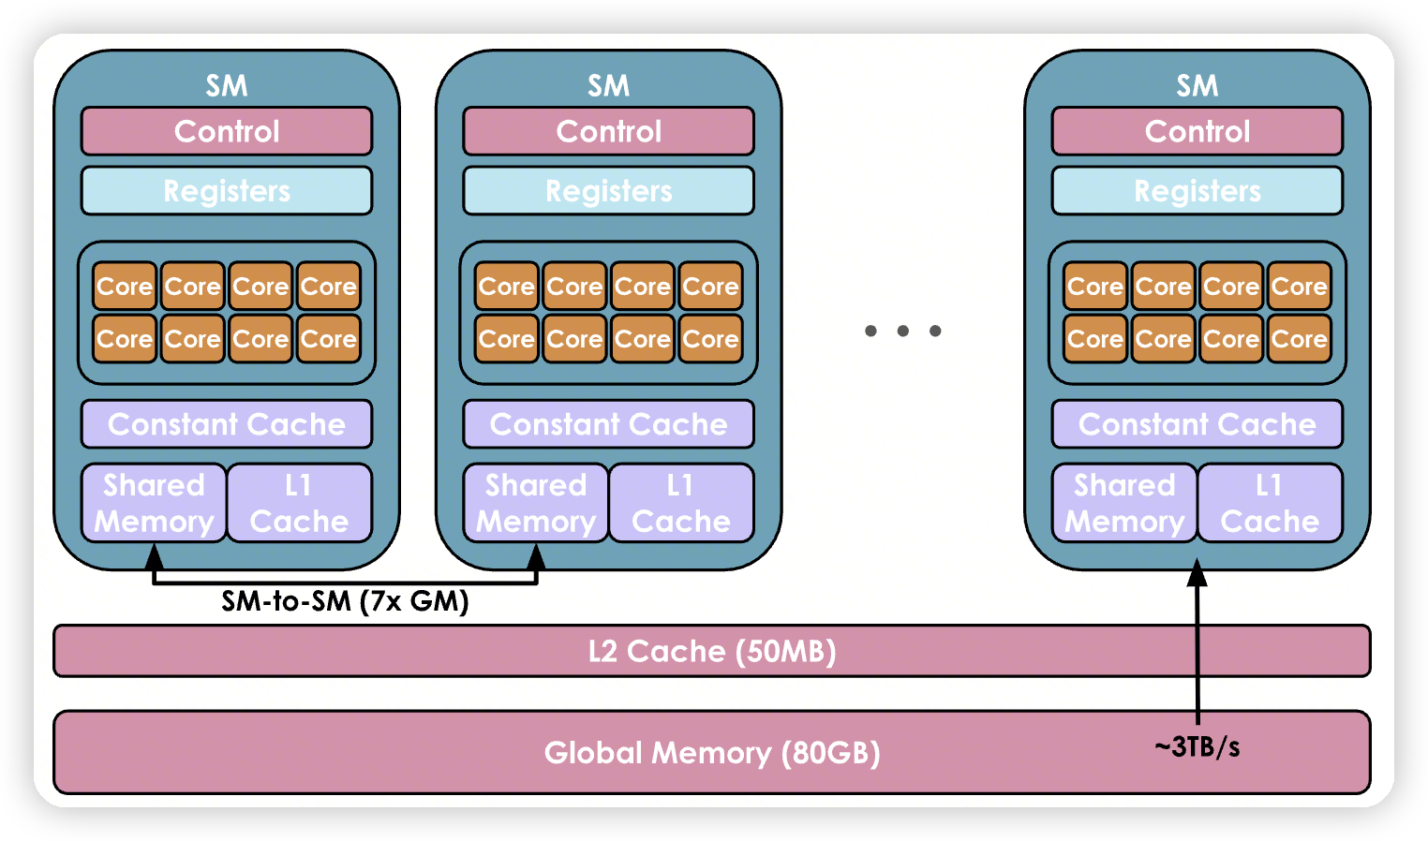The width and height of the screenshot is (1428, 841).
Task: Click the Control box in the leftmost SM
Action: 227,131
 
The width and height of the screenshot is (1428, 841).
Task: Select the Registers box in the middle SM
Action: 609,191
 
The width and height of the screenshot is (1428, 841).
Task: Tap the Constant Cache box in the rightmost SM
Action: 1197,424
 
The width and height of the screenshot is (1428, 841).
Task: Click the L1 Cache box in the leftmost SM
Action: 299,503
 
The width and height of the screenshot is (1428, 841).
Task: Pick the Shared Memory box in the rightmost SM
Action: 1124,503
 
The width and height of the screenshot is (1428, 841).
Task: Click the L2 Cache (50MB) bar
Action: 712,651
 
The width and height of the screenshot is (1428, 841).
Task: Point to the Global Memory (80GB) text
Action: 712,753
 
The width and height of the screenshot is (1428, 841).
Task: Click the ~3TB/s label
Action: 1197,746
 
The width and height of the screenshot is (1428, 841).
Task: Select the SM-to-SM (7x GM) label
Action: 345,601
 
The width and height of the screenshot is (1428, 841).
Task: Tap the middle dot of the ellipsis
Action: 903,331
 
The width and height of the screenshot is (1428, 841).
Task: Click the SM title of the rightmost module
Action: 1197,86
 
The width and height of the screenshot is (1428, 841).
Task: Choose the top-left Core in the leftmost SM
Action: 125,287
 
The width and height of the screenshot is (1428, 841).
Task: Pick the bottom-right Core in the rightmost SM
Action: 1300,339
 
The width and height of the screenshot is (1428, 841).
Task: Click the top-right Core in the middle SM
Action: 710,287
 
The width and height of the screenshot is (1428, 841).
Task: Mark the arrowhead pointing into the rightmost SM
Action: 1197,572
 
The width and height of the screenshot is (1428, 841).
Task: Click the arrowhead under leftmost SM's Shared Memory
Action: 155,557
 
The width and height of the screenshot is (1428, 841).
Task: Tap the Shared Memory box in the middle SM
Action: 536,503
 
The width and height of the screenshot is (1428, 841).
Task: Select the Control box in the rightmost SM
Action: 1197,131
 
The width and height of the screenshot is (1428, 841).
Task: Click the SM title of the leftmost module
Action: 227,86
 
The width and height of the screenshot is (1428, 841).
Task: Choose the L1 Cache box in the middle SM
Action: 681,503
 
